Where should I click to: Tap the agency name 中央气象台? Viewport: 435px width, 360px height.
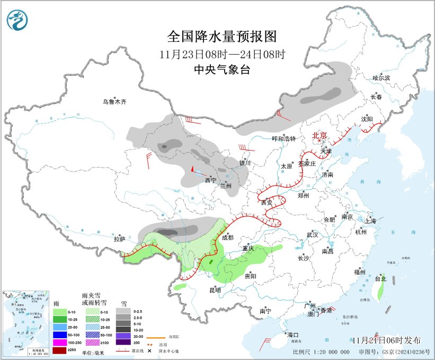point(221,69)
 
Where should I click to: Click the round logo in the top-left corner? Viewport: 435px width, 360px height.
point(18,20)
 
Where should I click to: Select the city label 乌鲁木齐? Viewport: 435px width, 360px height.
point(115,101)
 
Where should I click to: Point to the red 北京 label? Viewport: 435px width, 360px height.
point(320,135)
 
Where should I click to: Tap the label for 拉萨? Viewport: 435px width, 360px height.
point(119,239)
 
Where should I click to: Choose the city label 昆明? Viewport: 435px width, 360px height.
point(215,290)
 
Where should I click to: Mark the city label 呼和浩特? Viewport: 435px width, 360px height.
point(283,139)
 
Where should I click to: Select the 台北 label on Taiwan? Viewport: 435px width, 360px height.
point(380,278)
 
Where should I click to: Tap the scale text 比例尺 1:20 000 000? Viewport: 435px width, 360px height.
point(321,352)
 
